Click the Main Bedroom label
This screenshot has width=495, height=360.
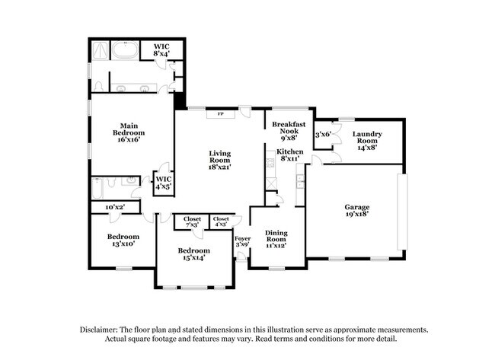coord(127,132)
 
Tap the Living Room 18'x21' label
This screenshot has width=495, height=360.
coord(219,159)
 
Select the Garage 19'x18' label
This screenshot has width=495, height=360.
coord(356,209)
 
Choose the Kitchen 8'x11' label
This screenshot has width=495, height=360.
coord(289,155)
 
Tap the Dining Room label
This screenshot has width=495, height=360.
coord(276,239)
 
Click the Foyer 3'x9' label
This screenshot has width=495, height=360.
coord(242,242)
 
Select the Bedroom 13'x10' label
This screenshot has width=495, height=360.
coord(123,240)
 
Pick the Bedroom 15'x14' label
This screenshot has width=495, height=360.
coord(193,254)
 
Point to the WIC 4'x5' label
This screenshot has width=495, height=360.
coord(164,181)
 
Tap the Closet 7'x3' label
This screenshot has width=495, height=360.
coord(191,221)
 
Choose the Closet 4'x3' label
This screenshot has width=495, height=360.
coord(221,221)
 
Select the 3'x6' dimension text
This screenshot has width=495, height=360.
coord(323,134)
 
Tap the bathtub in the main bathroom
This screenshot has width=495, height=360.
coord(123,51)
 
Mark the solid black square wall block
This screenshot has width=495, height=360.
coord(180,100)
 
